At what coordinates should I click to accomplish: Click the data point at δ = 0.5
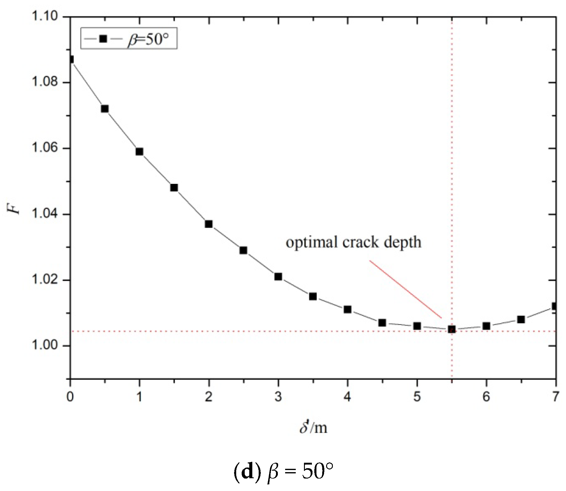tap(105, 109)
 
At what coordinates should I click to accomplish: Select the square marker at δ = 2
tap(209, 224)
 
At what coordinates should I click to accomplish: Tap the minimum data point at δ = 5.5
tap(452, 329)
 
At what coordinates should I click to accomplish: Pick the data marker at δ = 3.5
tap(313, 296)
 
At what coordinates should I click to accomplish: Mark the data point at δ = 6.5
tap(521, 320)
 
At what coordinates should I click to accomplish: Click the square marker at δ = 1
tap(139, 151)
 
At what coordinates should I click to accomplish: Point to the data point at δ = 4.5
tap(382, 323)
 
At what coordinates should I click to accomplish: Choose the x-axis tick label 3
tap(278, 397)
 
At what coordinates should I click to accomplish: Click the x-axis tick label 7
tap(555, 397)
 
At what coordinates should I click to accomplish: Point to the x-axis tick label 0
tap(70, 397)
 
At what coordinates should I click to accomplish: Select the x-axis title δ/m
tap(313, 427)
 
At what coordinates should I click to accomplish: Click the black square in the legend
tap(103, 39)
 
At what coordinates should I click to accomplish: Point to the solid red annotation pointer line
tap(405, 289)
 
